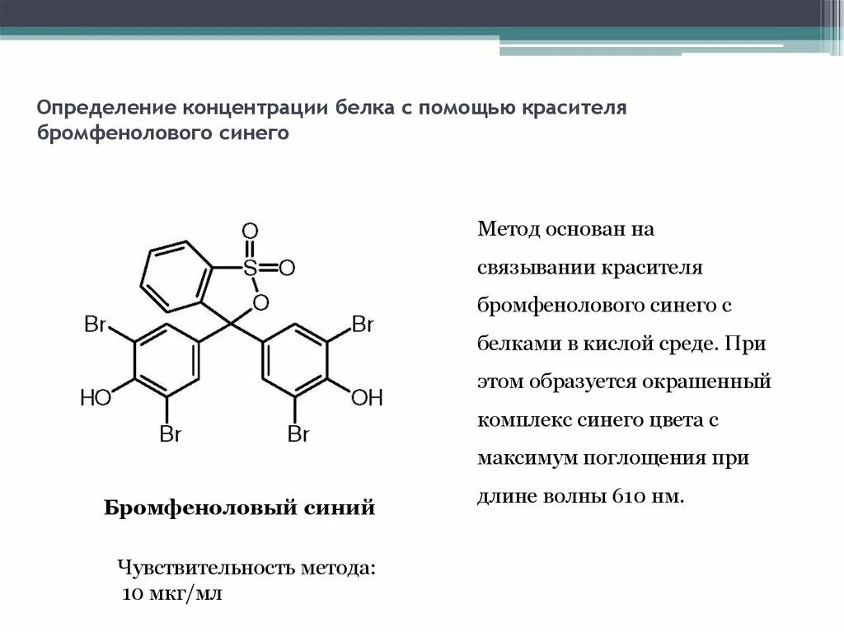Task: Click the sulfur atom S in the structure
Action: point(251,267)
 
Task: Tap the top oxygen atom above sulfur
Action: point(251,230)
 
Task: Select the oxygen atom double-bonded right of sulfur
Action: point(287,267)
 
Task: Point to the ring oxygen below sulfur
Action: point(260,302)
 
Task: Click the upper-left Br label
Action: point(96,325)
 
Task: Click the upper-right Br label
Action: point(363,325)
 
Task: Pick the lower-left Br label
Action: point(170,434)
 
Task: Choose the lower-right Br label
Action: point(298,434)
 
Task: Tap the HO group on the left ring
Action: point(96,399)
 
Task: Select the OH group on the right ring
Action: point(367,399)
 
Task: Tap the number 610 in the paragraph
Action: point(631,497)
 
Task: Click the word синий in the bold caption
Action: point(340,508)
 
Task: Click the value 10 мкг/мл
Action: point(172,594)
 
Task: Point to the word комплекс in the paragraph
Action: point(518,421)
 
